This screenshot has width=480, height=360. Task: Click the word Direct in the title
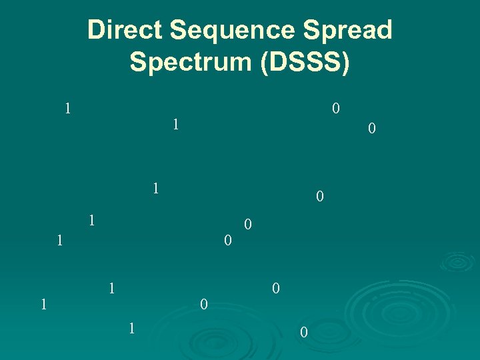[125, 31]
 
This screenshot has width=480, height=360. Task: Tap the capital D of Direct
[96, 31]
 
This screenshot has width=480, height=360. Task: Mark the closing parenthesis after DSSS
[344, 63]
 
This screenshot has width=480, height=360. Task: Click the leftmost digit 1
[43, 305]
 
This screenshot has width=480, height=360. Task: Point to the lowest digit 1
[132, 327]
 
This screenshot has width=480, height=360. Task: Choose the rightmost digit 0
[372, 127]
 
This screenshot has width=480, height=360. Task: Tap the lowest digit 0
[303, 332]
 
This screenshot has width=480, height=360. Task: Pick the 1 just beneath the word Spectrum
[175, 124]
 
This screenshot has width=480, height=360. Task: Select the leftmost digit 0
[204, 305]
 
